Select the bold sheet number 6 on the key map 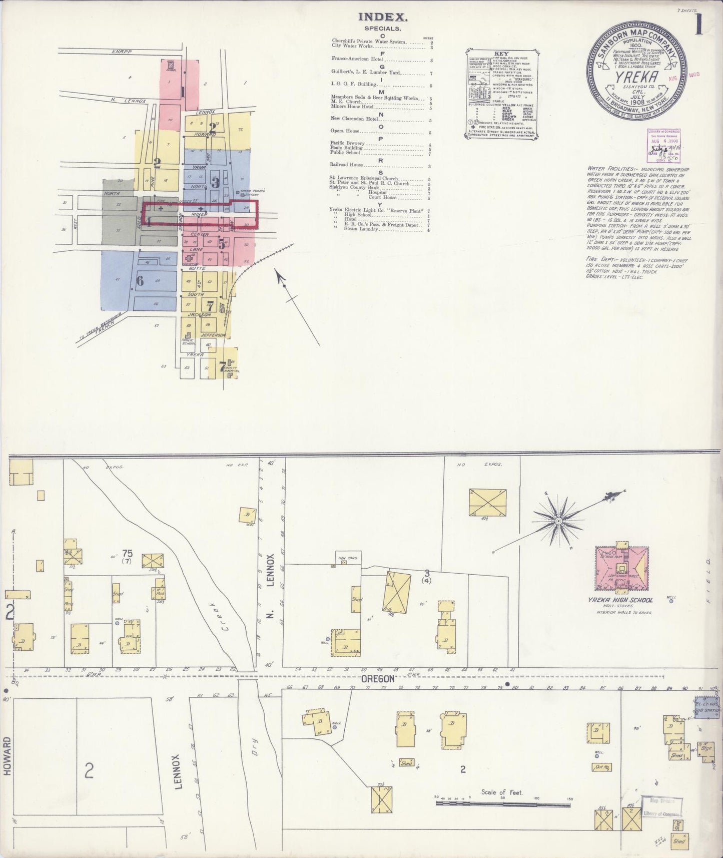[x=140, y=281]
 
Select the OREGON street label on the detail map [x=378, y=678]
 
